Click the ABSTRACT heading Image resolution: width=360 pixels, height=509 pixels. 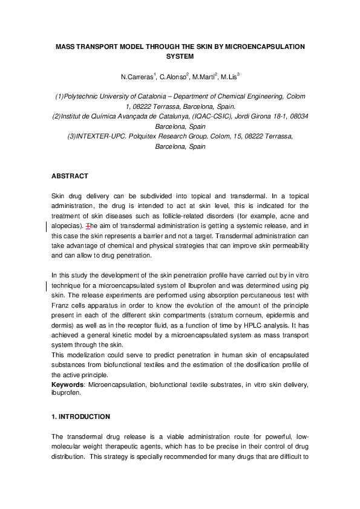coord(70,177)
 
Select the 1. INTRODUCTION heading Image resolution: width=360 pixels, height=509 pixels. coord(80,417)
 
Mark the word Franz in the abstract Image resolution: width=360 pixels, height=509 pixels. coord(61,305)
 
